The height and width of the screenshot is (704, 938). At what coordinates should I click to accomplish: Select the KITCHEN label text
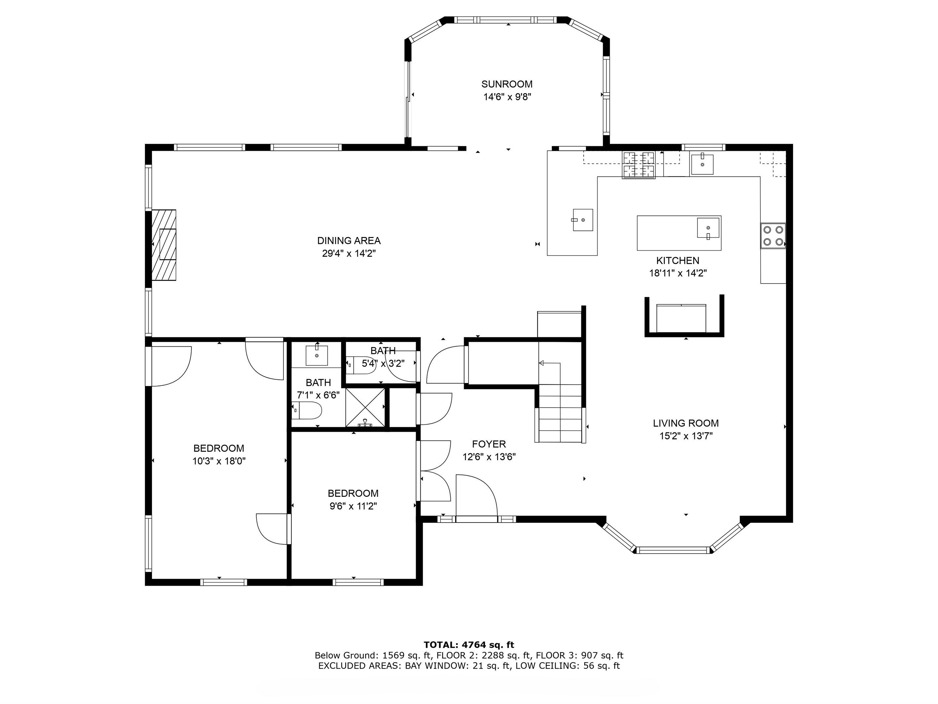(678, 260)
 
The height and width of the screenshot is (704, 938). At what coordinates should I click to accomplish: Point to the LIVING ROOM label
(686, 423)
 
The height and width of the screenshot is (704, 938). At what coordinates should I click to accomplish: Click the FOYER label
(489, 444)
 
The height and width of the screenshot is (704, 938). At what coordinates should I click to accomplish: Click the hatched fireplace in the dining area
(164, 245)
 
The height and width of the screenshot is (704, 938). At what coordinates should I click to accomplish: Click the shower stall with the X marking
(365, 407)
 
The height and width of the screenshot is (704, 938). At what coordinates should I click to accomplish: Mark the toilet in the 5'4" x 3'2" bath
(361, 365)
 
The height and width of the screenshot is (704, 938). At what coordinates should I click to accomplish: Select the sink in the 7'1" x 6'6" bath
(317, 356)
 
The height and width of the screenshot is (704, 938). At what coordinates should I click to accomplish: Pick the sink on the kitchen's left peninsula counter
(582, 220)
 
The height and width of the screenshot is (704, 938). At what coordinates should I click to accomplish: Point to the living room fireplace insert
(681, 318)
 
